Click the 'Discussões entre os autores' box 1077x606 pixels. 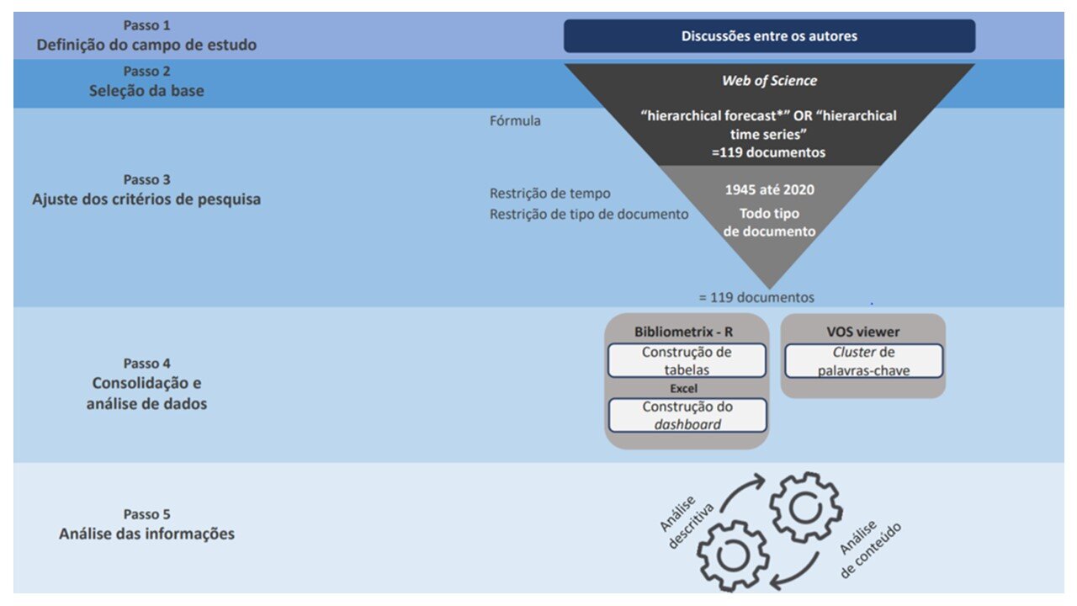[769, 36]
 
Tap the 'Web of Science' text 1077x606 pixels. [769, 81]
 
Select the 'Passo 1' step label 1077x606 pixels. [146, 25]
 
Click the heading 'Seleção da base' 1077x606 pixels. [146, 91]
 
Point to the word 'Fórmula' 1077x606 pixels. [515, 120]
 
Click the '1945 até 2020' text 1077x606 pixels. [769, 189]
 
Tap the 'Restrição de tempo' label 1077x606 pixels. [550, 194]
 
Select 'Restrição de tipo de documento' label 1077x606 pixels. [589, 214]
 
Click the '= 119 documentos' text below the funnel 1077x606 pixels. [756, 297]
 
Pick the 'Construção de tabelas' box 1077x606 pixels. [687, 360]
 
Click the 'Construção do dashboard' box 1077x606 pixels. [687, 415]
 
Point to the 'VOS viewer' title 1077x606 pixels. [863, 332]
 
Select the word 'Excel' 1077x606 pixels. [685, 389]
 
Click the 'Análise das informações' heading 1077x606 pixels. [146, 534]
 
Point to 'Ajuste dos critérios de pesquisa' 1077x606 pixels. [146, 199]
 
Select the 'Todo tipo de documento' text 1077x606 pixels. [769, 221]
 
